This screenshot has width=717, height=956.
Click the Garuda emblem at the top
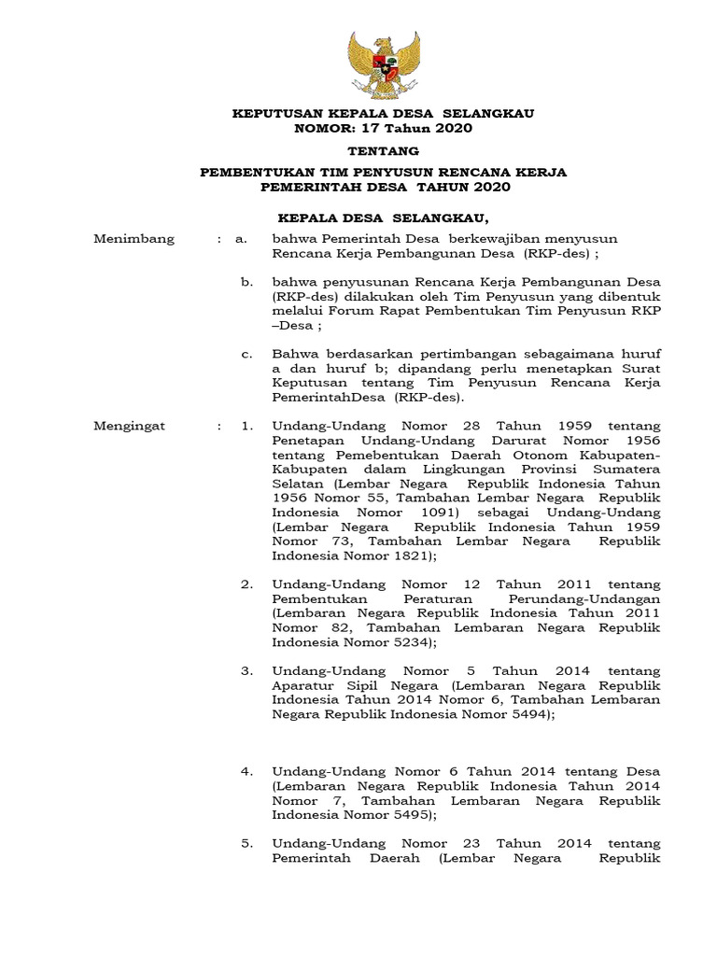(384, 63)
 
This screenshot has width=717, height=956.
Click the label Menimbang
(134, 239)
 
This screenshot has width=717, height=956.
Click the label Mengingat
(130, 426)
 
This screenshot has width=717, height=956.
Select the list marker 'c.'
(246, 354)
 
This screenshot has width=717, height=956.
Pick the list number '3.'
(246, 670)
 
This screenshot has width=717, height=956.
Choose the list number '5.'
(246, 843)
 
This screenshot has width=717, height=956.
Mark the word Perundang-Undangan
(588, 598)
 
